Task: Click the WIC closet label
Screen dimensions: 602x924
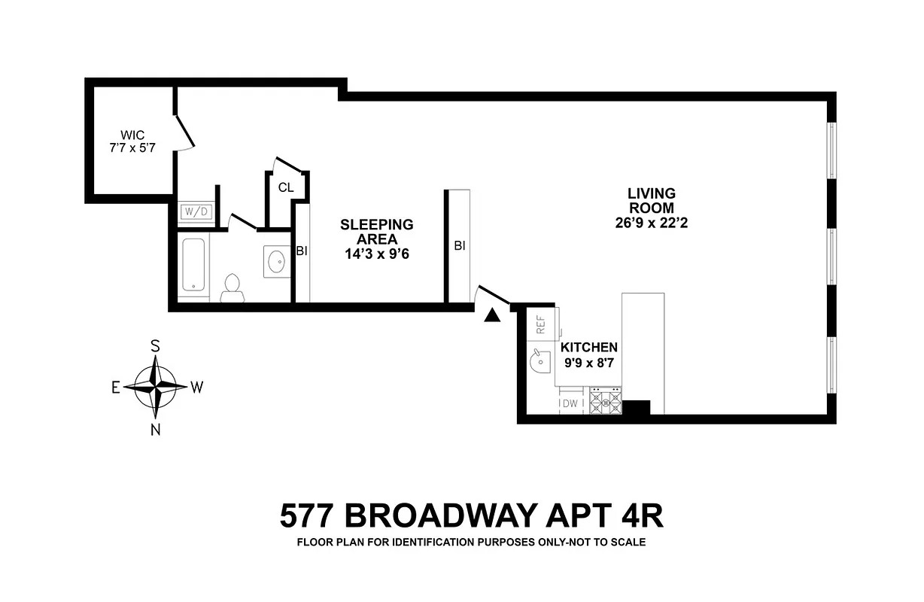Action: [x=132, y=135]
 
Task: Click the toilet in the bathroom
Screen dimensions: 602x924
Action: [x=233, y=288]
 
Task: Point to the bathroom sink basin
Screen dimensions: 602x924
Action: [x=275, y=262]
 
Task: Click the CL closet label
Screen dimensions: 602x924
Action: [x=286, y=187]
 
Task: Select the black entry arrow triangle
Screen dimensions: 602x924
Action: [x=492, y=316]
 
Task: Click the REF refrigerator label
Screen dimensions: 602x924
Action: [x=540, y=324]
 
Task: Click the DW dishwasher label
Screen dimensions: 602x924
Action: [x=570, y=404]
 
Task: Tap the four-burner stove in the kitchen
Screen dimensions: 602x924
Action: [x=606, y=402]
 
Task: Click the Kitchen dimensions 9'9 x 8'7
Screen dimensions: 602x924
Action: [x=589, y=363]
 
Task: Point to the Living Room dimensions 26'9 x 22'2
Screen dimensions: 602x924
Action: [x=652, y=223]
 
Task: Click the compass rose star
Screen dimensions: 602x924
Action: [x=155, y=387]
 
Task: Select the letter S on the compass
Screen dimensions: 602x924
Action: [x=155, y=346]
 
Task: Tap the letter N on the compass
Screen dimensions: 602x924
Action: [x=156, y=430]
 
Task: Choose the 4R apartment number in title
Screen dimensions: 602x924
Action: [x=638, y=517]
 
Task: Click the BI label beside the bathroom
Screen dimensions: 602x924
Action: [x=302, y=251]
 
